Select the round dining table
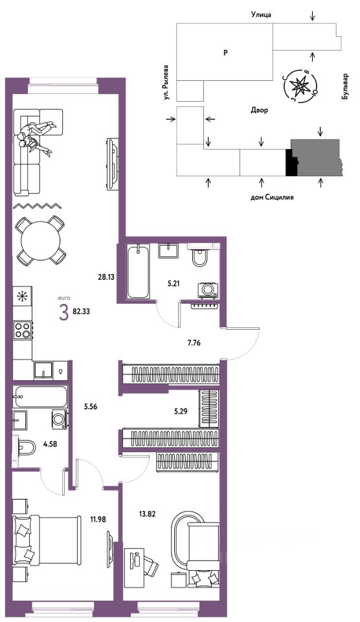pyautogui.click(x=41, y=240)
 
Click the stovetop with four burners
pyautogui.click(x=23, y=330)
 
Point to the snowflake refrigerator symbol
pyautogui.click(x=23, y=296)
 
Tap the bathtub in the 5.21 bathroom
pyautogui.click(x=139, y=271)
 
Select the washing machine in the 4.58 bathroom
pyautogui.click(x=60, y=419)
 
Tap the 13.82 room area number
pyautogui.click(x=147, y=514)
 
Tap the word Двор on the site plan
pyautogui.click(x=259, y=110)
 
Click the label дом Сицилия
pyautogui.click(x=272, y=197)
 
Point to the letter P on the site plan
pyautogui.click(x=225, y=52)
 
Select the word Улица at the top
pyautogui.click(x=261, y=15)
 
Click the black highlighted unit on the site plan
pyautogui.click(x=291, y=163)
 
